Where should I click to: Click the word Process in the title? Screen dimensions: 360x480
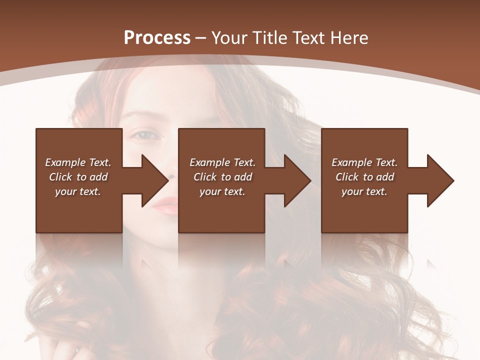click(x=157, y=38)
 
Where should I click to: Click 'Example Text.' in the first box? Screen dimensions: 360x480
click(x=78, y=162)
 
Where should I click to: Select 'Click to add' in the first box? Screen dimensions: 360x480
click(x=78, y=177)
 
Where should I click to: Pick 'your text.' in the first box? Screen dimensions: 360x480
click(x=78, y=191)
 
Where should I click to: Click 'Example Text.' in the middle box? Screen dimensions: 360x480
click(x=222, y=162)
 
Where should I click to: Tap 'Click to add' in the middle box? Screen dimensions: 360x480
click(x=222, y=177)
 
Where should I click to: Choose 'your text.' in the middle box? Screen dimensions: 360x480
click(x=222, y=191)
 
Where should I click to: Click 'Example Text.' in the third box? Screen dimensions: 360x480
click(x=364, y=162)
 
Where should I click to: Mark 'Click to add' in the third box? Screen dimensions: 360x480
click(x=364, y=177)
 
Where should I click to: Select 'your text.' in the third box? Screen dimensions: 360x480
click(x=364, y=191)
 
